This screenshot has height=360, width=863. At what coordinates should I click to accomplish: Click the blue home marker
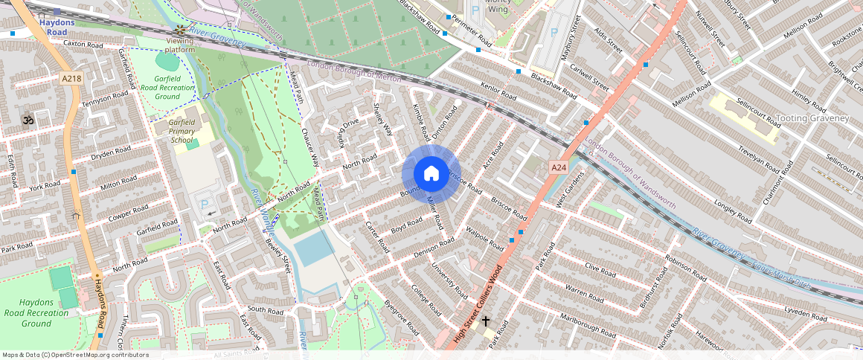[431, 174]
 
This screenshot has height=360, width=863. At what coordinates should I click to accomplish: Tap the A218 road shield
[71, 77]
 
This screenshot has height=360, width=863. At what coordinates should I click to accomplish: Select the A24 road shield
[559, 168]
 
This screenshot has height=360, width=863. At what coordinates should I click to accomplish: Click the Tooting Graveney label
[812, 118]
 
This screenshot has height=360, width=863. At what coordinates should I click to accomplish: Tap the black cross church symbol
[486, 321]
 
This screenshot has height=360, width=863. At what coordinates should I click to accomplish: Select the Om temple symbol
[28, 119]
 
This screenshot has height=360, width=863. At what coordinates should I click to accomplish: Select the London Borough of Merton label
[354, 71]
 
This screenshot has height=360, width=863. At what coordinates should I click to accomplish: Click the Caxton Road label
[83, 45]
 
